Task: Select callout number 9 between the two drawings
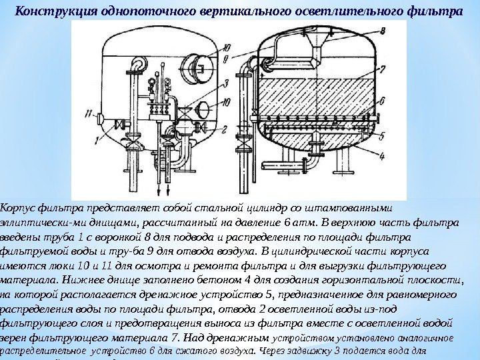coord(228,59)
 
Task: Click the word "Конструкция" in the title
coord(49,11)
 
